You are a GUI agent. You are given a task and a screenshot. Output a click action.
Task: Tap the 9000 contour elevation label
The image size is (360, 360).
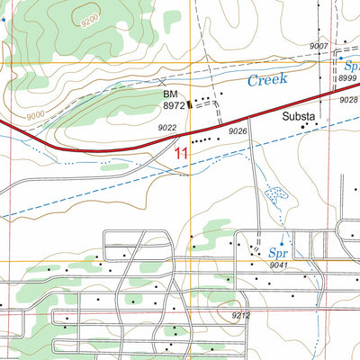pos(36,115)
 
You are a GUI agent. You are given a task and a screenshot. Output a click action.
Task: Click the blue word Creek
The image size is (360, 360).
pos(267,80)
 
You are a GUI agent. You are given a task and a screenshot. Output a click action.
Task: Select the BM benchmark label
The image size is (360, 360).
pos(171,94)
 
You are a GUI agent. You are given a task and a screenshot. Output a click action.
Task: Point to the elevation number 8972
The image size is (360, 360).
pos(174,105)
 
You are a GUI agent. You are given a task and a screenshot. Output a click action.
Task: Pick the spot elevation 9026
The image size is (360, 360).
pos(238,132)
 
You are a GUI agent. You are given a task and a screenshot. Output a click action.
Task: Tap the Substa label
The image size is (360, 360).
pos(299,117)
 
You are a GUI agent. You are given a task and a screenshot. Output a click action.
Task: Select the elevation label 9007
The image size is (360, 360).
pos(319,46)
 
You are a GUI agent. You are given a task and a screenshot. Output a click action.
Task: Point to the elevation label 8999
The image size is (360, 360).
pos(347,79)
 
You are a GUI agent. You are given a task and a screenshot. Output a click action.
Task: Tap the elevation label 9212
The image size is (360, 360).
pos(240,315)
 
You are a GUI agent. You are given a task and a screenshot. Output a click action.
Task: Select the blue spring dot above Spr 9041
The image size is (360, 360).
pos(282,243)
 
